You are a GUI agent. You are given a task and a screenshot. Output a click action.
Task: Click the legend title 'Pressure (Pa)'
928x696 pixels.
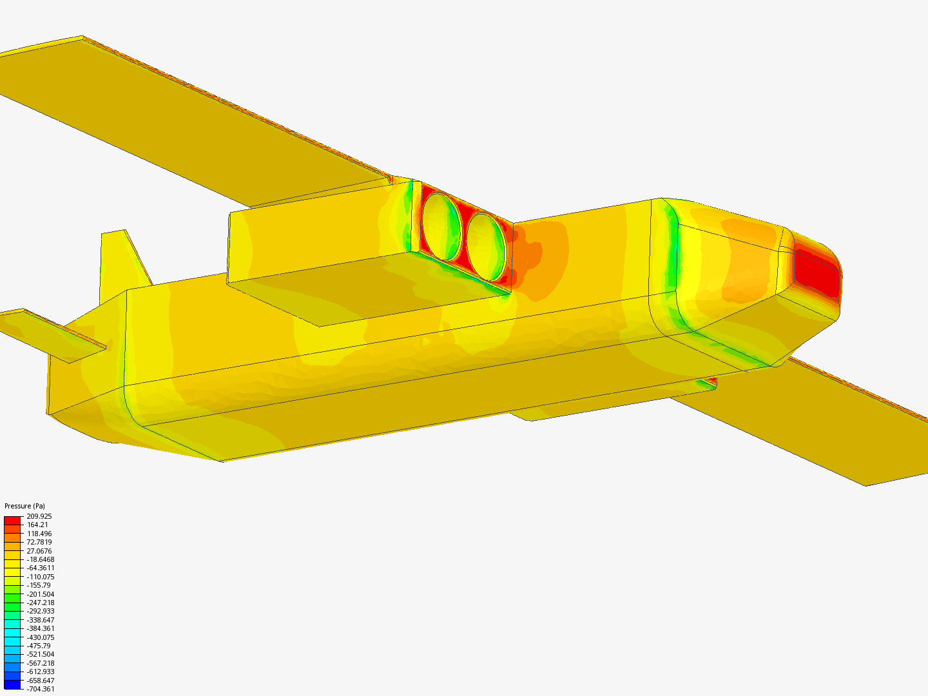(24, 506)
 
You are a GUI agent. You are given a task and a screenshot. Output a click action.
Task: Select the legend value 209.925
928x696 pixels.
(39, 516)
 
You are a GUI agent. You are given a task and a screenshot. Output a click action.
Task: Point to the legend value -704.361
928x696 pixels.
(40, 689)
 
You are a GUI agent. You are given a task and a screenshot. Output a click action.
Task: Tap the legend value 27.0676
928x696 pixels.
(39, 550)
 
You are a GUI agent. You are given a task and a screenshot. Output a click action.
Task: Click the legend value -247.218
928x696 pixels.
(40, 603)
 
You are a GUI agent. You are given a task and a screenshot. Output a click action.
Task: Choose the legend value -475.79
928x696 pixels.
(39, 646)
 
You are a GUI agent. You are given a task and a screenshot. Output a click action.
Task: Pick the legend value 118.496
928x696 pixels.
(39, 534)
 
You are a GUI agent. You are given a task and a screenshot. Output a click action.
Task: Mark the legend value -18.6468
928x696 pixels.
(40, 559)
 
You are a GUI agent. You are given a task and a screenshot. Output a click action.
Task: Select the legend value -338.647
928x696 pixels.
(40, 620)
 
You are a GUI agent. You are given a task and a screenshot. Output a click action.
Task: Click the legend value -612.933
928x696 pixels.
(40, 672)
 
